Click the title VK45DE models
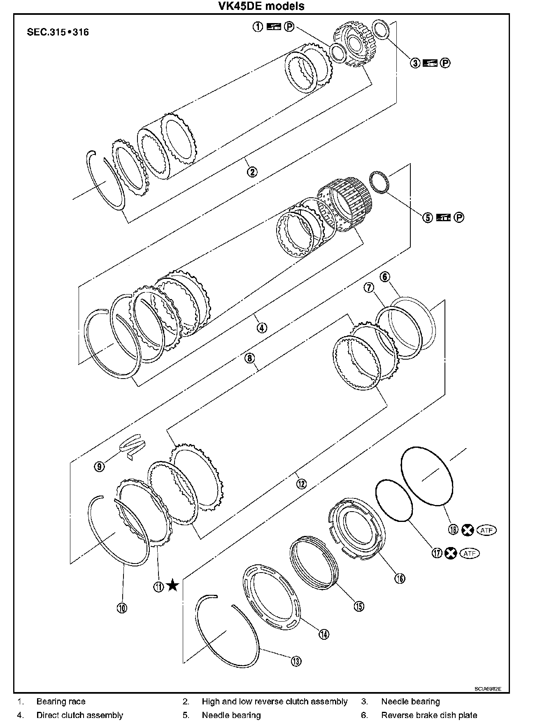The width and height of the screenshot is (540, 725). pos(267,6)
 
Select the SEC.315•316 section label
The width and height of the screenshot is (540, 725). pos(58,32)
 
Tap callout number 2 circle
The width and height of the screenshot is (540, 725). pos(252,171)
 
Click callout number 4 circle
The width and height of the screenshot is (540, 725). pos(262,328)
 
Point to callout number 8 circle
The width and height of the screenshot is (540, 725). pos(249,358)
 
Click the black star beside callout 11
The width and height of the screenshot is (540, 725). pos(172,585)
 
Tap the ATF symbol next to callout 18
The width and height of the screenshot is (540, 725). pos(486,530)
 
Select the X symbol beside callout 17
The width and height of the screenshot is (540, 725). pos(451,553)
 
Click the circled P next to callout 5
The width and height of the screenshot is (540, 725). pos(459,217)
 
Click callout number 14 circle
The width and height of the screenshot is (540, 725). pos(324,634)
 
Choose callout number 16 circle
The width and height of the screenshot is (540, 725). pos(400,578)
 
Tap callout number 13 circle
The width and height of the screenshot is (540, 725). pos(296,662)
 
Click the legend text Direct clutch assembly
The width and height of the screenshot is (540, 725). pos(80,715)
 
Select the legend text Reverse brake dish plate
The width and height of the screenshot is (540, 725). pos(429,715)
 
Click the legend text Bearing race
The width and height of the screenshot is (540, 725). pos(61,702)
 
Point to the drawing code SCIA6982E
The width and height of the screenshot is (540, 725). pos(487,689)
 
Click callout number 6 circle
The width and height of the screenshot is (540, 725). pos(385,276)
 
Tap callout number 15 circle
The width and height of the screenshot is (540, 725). pos(359,606)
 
